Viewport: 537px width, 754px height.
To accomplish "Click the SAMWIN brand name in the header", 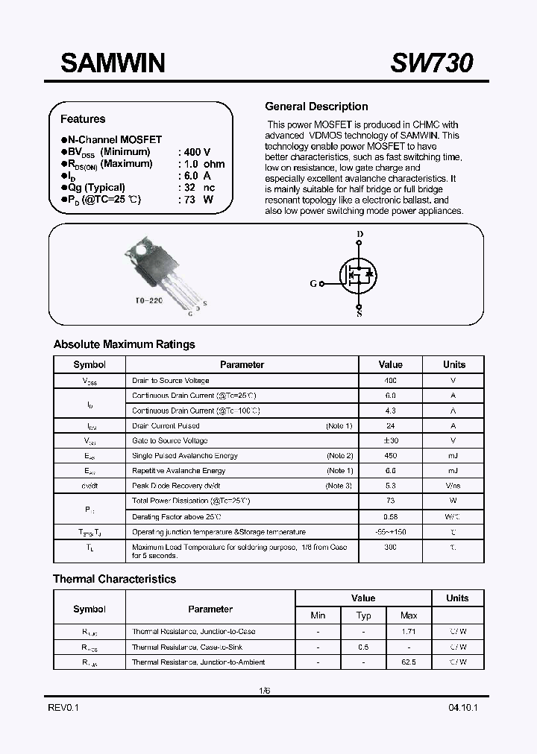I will (x=113, y=63).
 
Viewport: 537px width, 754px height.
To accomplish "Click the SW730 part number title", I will (x=431, y=63).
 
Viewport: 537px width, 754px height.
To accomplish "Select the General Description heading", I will (x=316, y=107).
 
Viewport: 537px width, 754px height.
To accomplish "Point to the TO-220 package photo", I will (x=162, y=273).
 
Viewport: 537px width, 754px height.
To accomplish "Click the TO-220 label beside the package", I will (x=149, y=300).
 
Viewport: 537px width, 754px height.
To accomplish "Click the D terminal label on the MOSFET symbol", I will (x=360, y=235).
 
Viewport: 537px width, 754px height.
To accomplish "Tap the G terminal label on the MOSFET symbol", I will (x=313, y=284).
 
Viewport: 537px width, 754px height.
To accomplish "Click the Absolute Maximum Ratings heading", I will (x=124, y=344).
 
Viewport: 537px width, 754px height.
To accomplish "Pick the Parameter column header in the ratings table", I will (x=242, y=365).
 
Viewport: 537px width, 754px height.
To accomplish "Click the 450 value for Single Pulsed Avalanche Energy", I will (x=390, y=456).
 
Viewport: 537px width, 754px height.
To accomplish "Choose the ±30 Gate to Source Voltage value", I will (x=390, y=441).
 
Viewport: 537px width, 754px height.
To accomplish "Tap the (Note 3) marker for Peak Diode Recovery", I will (x=339, y=486).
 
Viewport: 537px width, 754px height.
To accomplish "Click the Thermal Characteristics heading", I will (x=114, y=579).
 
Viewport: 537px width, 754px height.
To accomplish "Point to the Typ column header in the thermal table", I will (x=363, y=615).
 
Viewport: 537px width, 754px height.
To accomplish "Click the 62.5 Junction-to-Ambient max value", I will (x=409, y=662).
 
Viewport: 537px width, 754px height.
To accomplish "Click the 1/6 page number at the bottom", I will (x=264, y=691).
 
